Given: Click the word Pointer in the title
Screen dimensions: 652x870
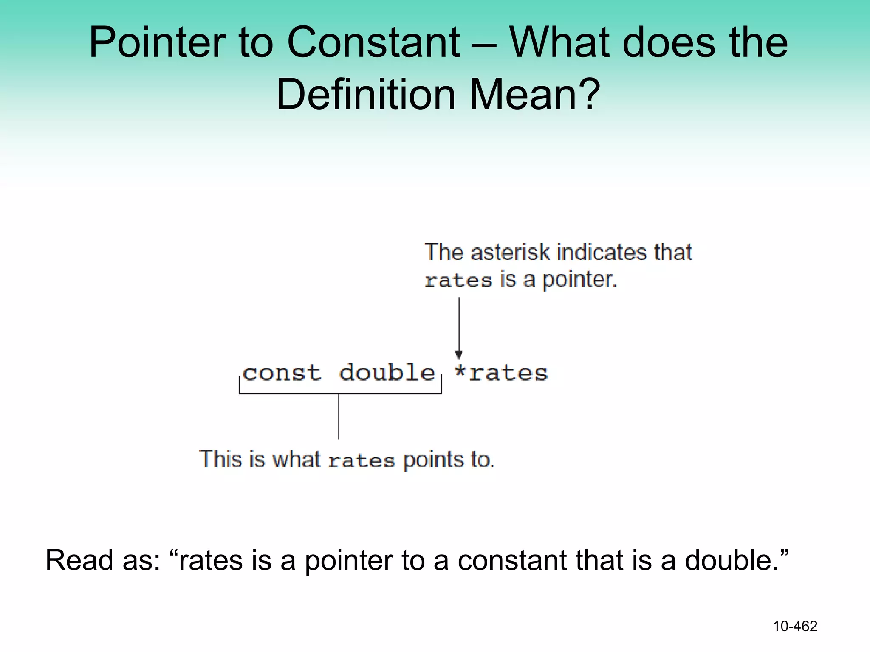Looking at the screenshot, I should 157,42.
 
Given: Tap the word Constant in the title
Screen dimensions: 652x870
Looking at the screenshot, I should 373,42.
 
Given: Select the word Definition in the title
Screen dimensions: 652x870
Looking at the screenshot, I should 365,94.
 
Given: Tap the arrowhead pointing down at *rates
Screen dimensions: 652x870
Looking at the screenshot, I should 459,354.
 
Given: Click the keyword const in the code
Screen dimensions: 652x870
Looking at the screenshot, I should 281,373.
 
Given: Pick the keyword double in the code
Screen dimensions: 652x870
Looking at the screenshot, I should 387,373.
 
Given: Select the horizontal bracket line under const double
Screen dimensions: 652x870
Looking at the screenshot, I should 340,394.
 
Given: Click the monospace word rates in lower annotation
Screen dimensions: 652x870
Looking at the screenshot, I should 361,461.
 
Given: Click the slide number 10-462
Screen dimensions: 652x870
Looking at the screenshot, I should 795,626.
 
